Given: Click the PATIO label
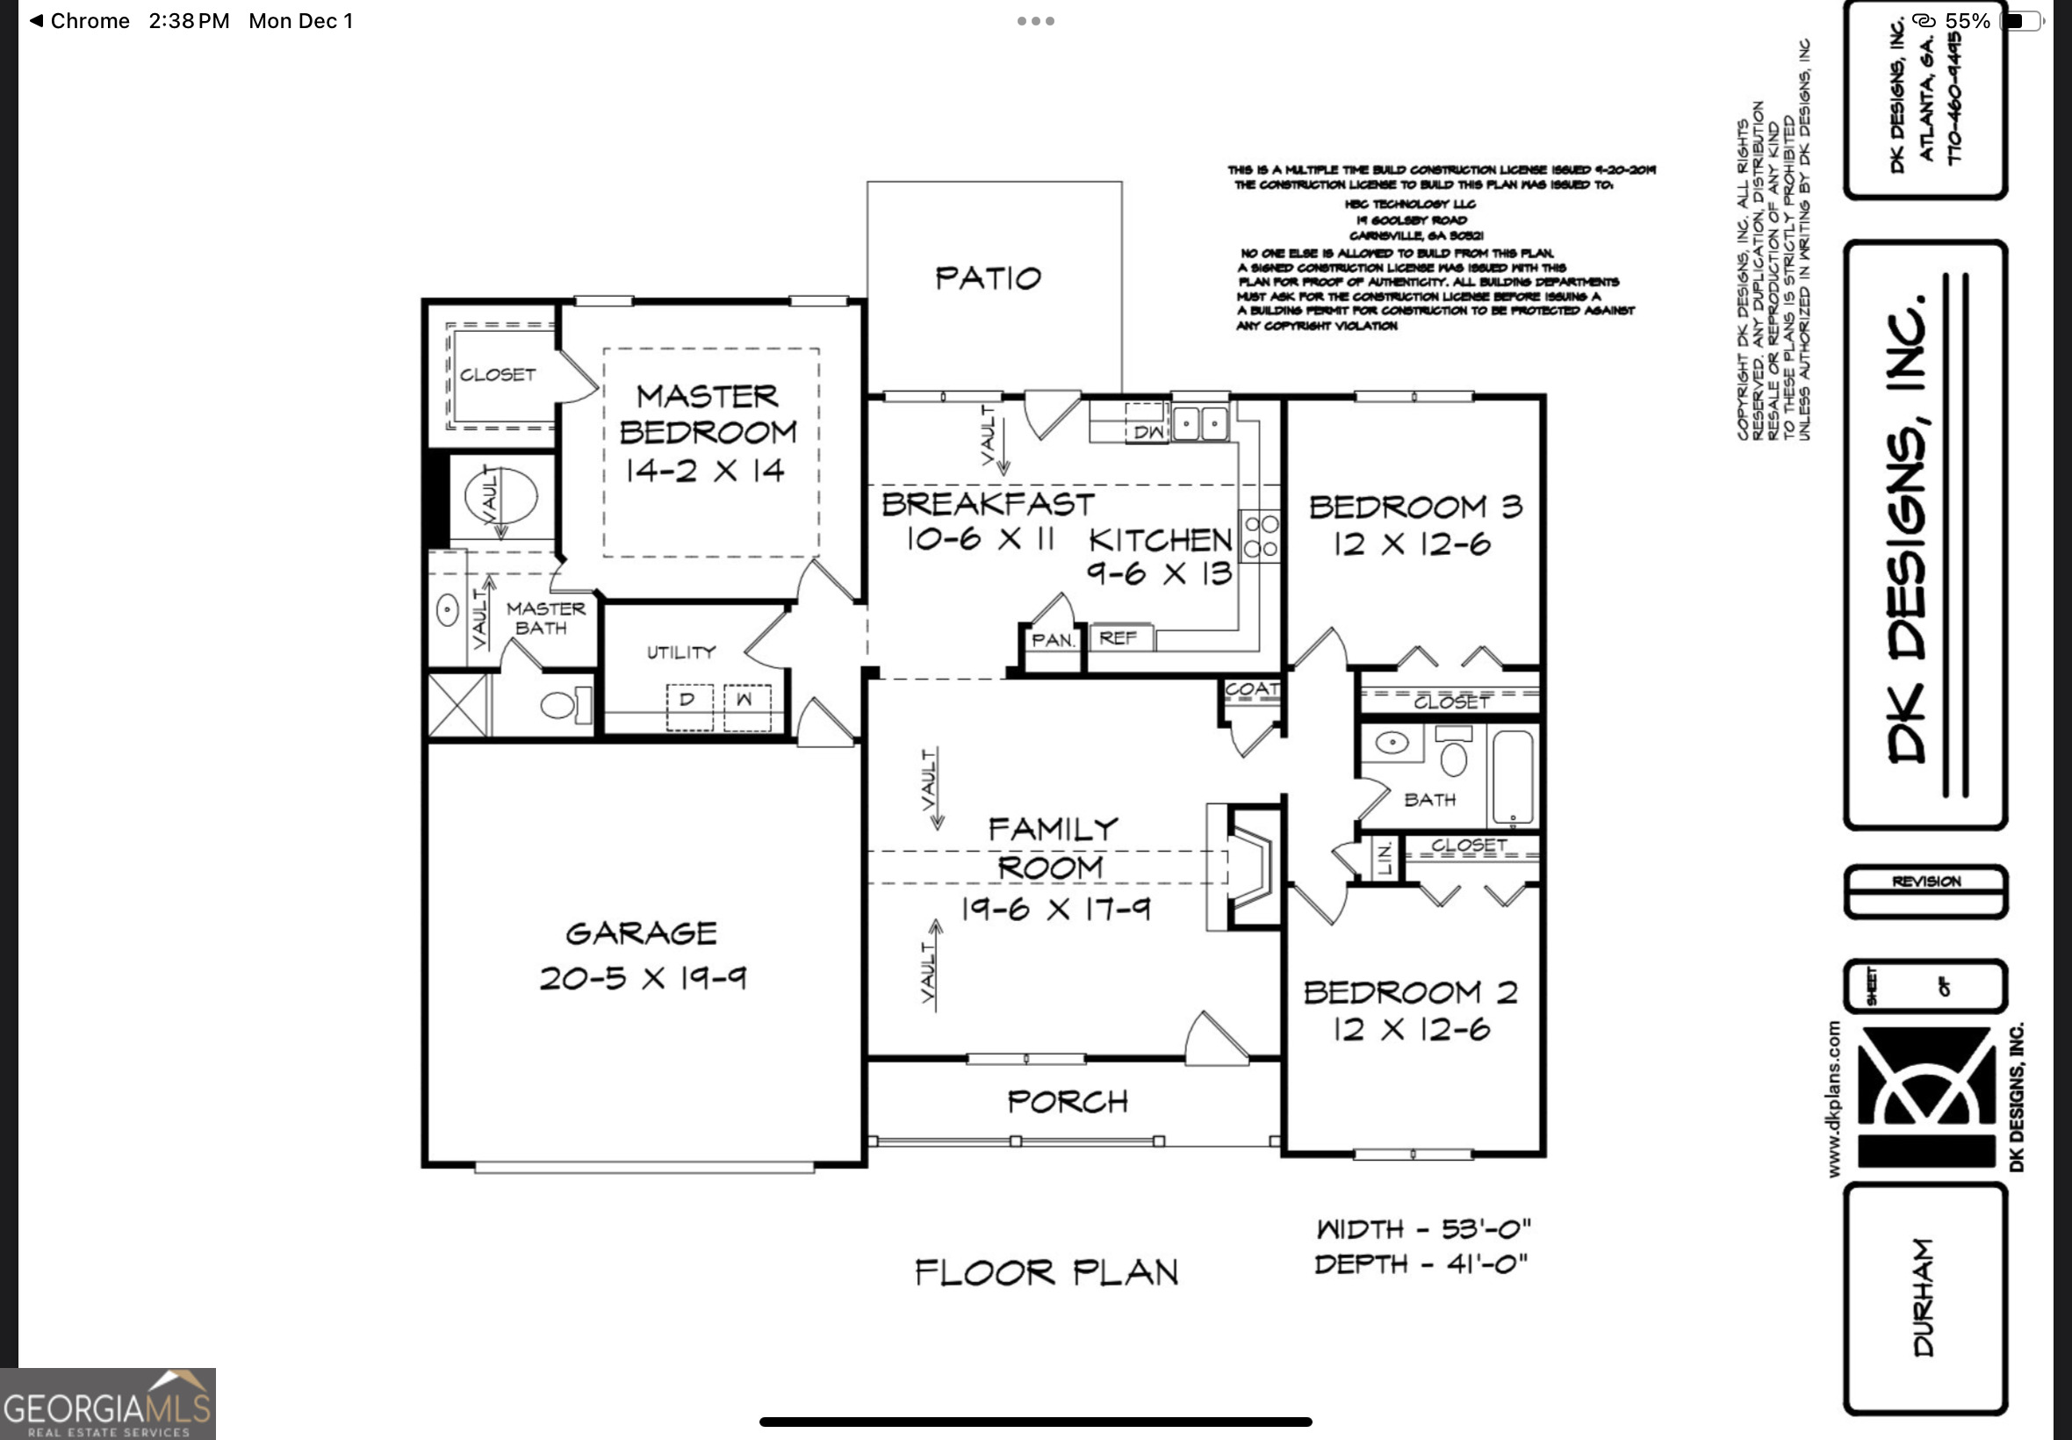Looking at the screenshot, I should (x=988, y=277).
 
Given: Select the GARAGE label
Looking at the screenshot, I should (x=642, y=933).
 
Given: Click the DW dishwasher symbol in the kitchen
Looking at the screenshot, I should (x=1147, y=431).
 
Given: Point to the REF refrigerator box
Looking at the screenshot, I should (x=1119, y=637).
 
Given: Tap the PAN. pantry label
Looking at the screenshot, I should (x=1053, y=641).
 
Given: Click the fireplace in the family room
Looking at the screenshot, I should (x=1248, y=866).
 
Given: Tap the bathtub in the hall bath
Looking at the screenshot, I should (x=1513, y=778).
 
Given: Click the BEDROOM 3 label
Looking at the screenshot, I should (x=1414, y=507).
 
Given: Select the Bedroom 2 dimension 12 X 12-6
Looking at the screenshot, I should (x=1412, y=1029).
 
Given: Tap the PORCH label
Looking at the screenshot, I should (x=1067, y=1102).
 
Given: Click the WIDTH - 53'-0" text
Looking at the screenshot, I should (x=1423, y=1229).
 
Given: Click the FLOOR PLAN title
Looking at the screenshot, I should (x=1047, y=1273).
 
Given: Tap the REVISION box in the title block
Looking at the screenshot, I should (x=1926, y=882).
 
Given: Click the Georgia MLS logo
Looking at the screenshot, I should (x=107, y=1404).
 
